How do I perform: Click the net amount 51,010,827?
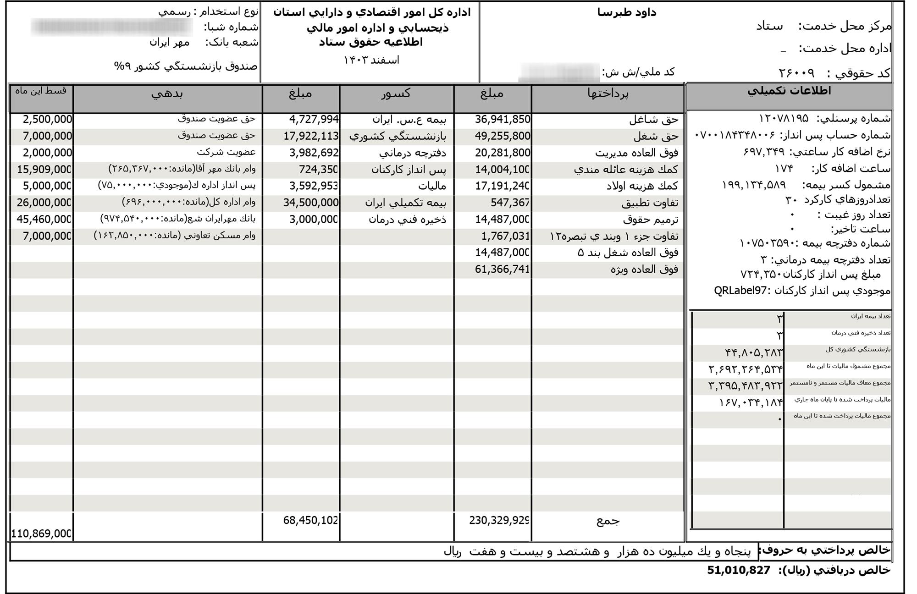point(738,570)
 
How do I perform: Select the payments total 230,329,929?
point(499,521)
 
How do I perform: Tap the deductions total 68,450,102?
point(310,521)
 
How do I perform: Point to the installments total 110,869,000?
point(41,534)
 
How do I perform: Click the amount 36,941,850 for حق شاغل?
point(503,120)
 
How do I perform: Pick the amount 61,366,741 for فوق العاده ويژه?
point(502,269)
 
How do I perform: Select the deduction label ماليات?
point(432,186)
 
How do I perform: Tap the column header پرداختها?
point(608,93)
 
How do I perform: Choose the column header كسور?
point(396,93)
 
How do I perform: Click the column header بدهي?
point(167,93)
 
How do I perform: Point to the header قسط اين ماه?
point(41,91)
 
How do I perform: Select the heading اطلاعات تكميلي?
point(789,91)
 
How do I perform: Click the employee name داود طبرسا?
point(627,12)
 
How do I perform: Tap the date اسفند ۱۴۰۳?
point(371,60)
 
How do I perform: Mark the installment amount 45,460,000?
point(44,219)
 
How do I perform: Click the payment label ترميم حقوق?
point(650,220)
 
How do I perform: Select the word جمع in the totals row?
point(608,521)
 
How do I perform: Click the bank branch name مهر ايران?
point(169,43)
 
